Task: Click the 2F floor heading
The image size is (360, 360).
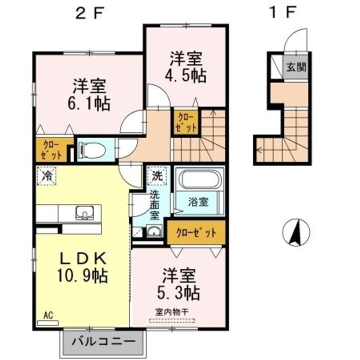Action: tap(88, 13)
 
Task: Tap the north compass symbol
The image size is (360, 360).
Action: tap(296, 233)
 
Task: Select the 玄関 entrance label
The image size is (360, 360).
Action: tap(296, 67)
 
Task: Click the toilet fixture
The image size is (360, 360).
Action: tap(93, 148)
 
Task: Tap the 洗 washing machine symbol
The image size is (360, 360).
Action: tap(157, 176)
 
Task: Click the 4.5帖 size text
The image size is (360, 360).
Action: tap(186, 75)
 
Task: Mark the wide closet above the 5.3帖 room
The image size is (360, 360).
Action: tap(196, 232)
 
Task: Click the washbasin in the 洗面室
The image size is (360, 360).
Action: tap(153, 231)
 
